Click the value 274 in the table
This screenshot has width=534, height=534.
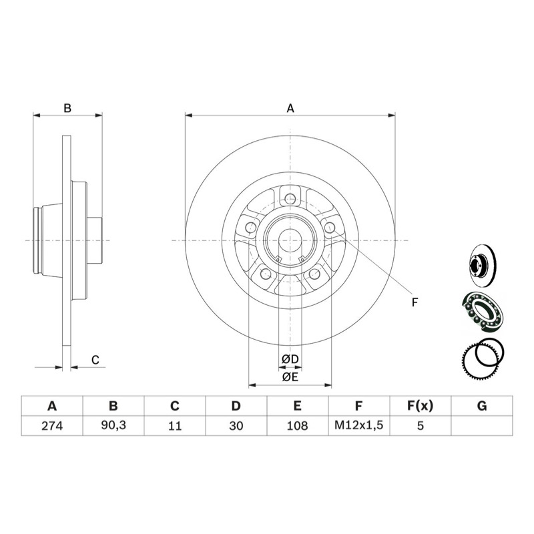coord(51,425)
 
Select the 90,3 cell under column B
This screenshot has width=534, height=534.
coord(113,425)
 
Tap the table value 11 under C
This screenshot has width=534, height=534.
coord(174,425)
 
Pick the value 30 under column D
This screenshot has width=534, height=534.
coord(236,425)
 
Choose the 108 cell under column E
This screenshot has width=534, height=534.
coord(297,425)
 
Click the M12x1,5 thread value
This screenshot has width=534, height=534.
coord(358,425)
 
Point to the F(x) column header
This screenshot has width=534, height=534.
coord(421,406)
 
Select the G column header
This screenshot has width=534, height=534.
coord(482,406)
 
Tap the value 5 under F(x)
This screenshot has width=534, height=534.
coord(421,425)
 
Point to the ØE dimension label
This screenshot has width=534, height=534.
coord(290,377)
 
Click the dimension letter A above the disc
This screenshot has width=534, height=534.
coord(290,107)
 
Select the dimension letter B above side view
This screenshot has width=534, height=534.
coord(67,107)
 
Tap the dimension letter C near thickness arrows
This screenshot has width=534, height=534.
coord(95,360)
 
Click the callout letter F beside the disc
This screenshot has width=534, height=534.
coord(415,302)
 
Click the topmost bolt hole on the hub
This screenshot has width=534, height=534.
coord(290,198)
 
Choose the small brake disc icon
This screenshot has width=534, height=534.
coord(481,264)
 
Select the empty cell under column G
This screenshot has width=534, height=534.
coord(482,425)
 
